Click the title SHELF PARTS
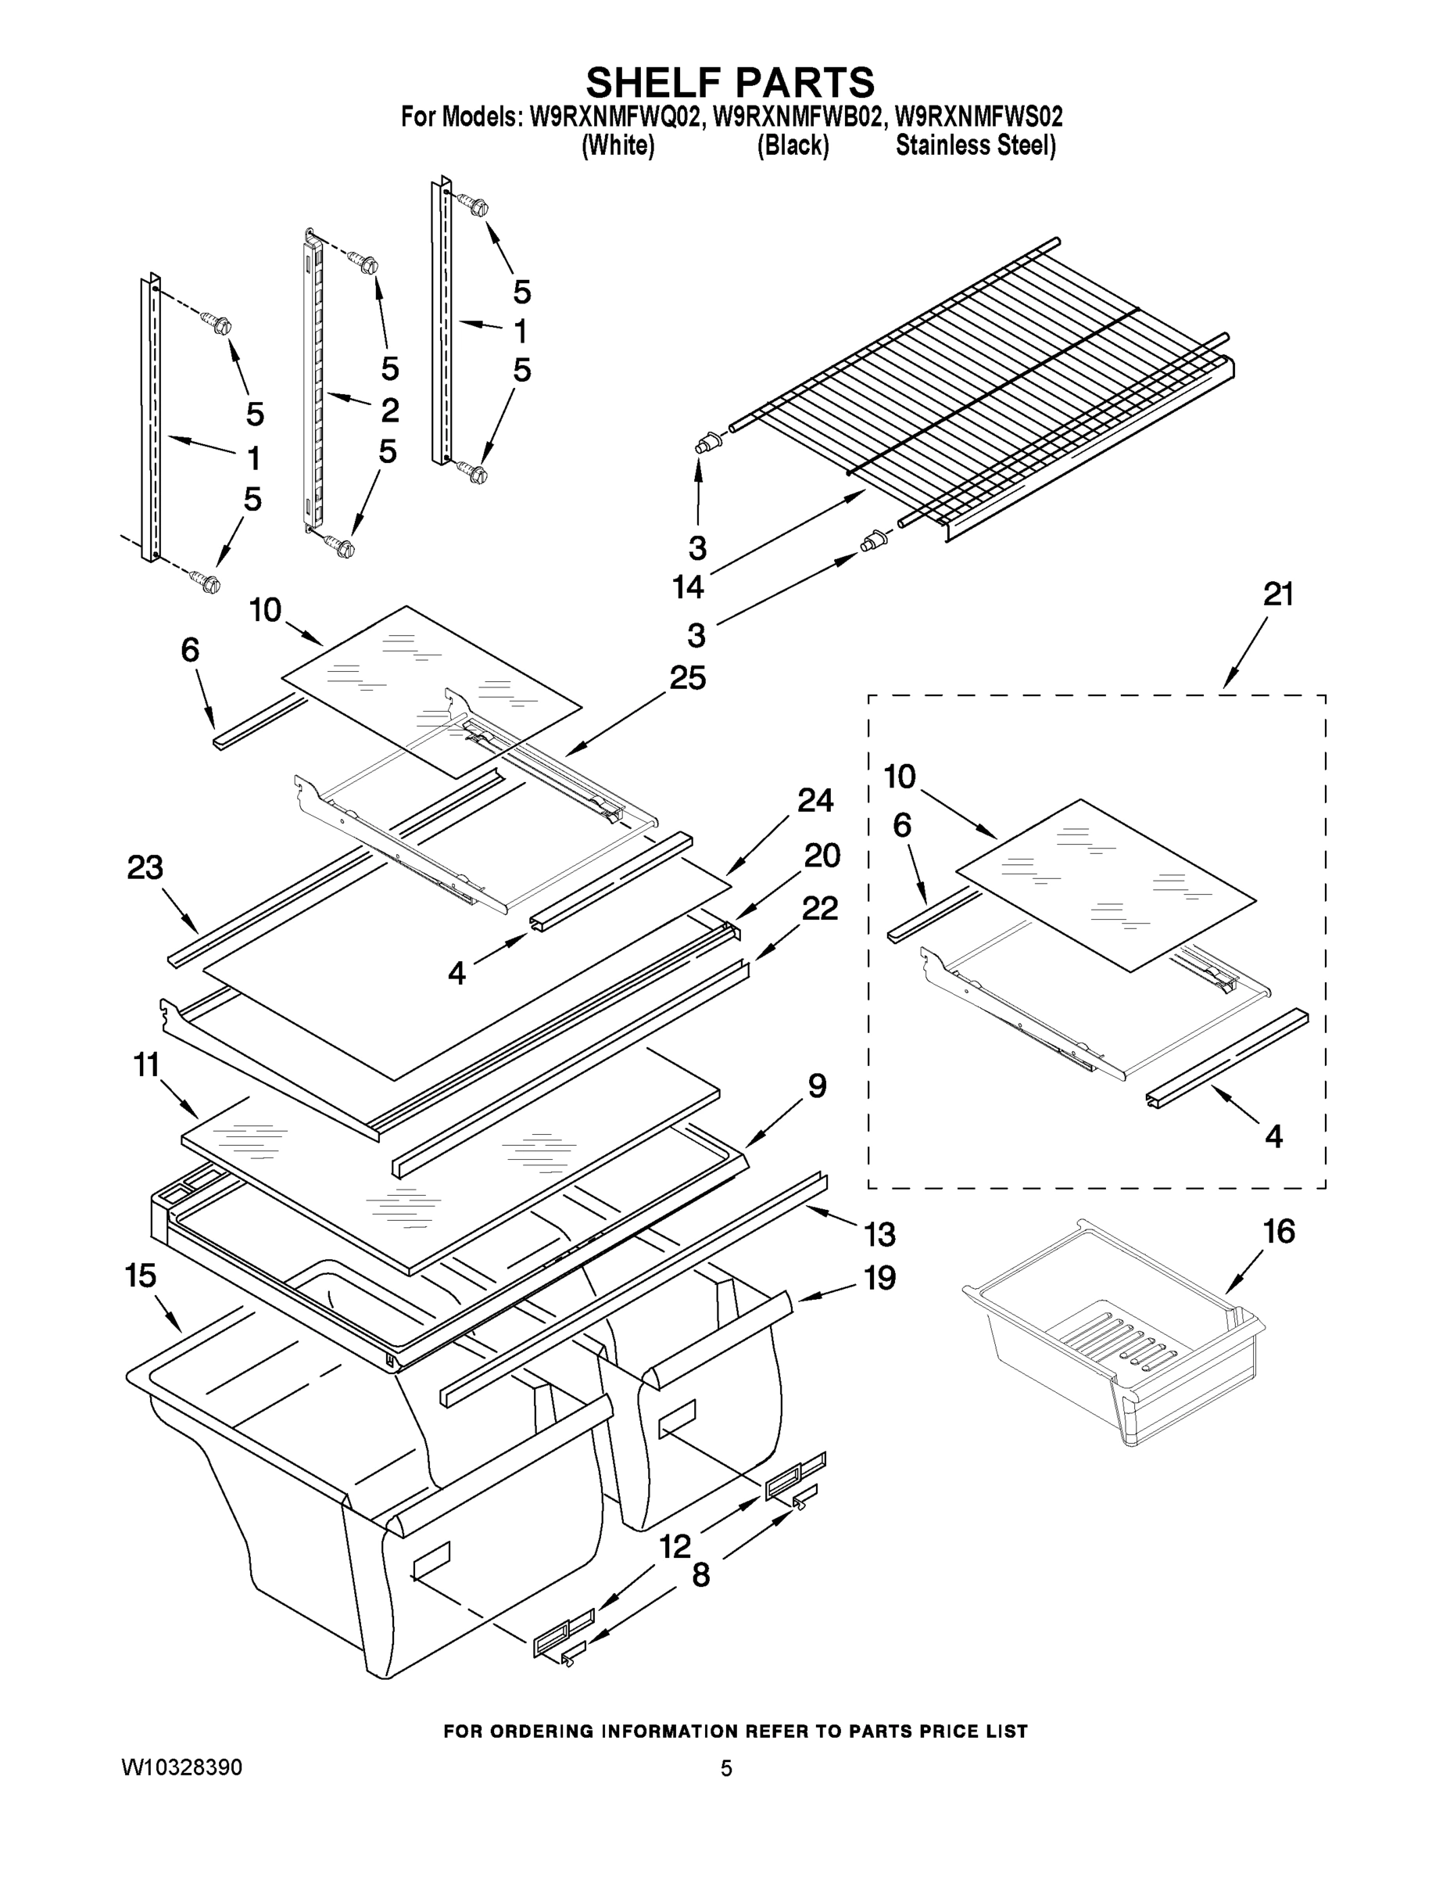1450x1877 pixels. [730, 82]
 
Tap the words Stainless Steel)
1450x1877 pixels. [975, 146]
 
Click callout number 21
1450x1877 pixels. [1278, 594]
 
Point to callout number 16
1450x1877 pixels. [1279, 1233]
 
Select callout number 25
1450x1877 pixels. [687, 679]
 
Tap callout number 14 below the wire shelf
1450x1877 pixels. [688, 588]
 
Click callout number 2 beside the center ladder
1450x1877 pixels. [389, 410]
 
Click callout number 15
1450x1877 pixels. [141, 1276]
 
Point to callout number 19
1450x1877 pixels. [879, 1278]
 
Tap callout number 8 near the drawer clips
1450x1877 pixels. [701, 1575]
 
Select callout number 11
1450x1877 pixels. [146, 1066]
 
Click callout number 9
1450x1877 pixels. [817, 1086]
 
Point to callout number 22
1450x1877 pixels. [818, 909]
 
